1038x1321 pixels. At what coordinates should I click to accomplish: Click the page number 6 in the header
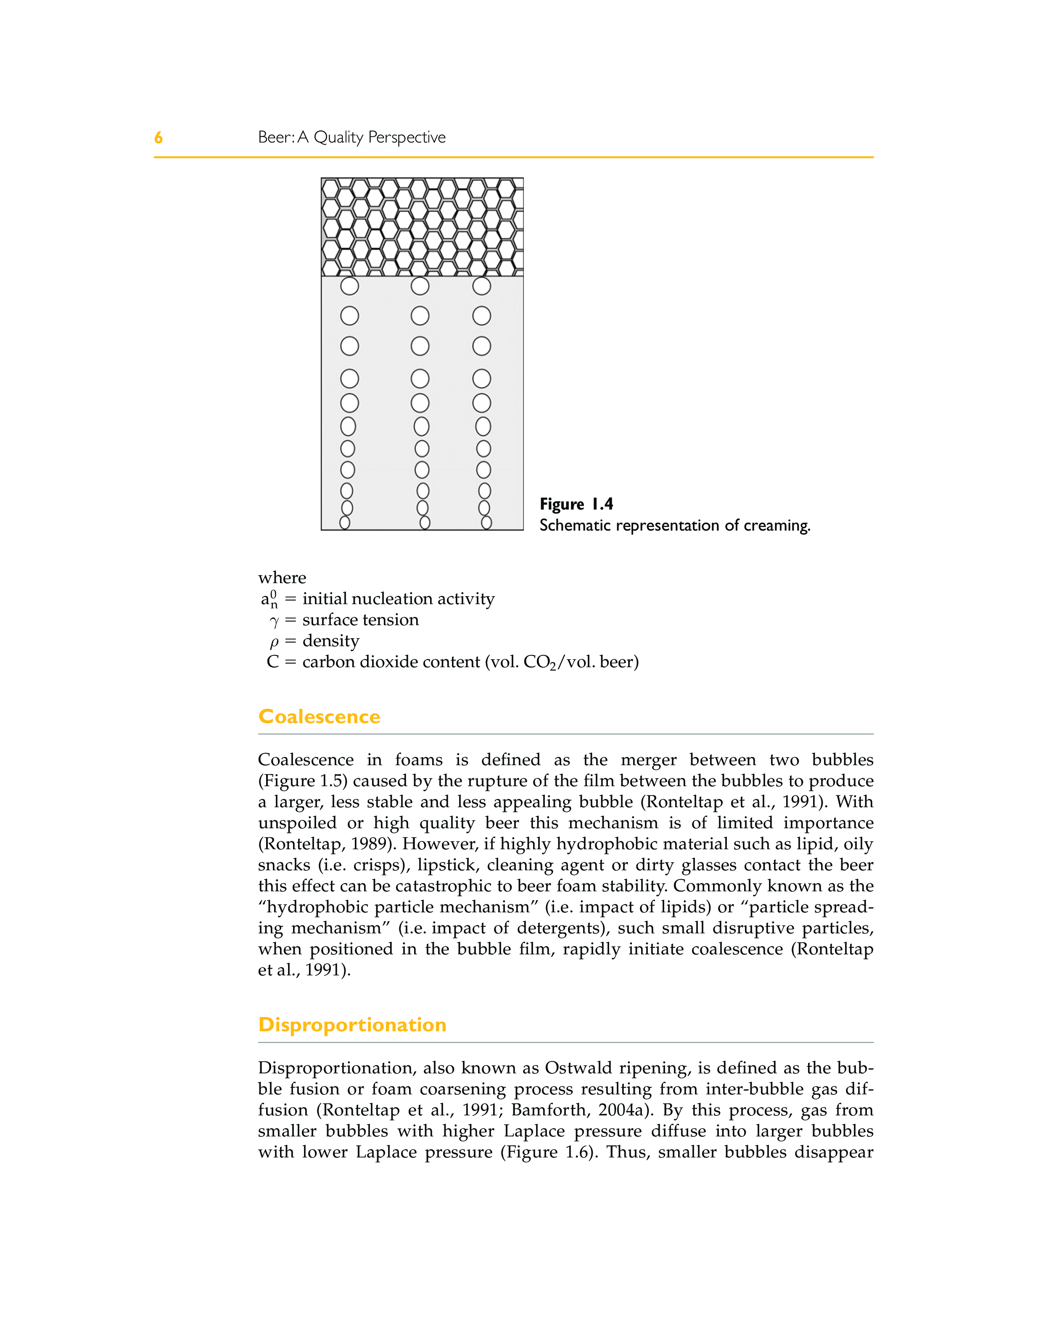[158, 138]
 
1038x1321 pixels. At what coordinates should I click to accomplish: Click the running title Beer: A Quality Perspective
[351, 137]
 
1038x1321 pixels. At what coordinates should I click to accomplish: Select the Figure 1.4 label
[576, 505]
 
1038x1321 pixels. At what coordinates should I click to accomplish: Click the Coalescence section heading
[319, 716]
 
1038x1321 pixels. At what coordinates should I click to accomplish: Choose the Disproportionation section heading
[352, 1025]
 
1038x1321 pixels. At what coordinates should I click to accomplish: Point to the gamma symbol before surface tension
[275, 621]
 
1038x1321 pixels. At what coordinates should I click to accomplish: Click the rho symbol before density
[275, 642]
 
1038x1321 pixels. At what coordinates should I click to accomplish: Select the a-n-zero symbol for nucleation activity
[269, 599]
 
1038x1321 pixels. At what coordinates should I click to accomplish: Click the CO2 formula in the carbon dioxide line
[540, 662]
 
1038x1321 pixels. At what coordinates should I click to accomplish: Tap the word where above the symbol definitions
[282, 577]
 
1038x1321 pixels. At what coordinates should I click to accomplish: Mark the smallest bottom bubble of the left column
[345, 523]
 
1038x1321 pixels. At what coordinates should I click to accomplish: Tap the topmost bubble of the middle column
[420, 285]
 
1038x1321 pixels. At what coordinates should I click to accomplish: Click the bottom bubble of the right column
[486, 523]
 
